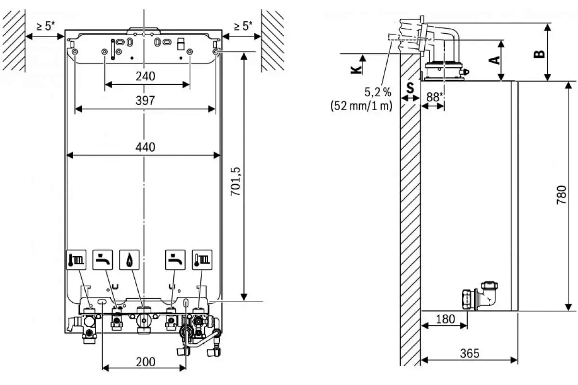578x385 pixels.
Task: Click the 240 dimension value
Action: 145,76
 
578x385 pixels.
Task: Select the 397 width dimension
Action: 145,101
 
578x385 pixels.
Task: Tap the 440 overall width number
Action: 145,147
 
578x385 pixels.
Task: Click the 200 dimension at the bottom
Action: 145,361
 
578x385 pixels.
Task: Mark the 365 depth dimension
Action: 469,353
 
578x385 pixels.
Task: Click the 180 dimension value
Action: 445,319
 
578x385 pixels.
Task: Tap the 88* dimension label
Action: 434,97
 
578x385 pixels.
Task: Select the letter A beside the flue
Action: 493,60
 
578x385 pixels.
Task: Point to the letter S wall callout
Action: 410,88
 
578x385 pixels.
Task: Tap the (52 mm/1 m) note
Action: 361,106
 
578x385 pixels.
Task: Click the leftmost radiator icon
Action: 76,260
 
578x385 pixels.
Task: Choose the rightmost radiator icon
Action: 201,260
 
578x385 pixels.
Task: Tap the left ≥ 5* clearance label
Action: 44,26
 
